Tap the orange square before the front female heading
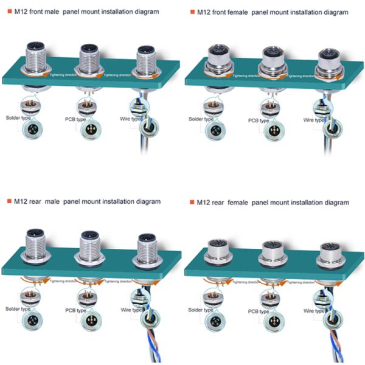click(192, 12)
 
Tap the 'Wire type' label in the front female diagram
click(315, 120)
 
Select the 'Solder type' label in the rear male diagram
click(18, 309)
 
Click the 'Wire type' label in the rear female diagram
click(315, 311)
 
